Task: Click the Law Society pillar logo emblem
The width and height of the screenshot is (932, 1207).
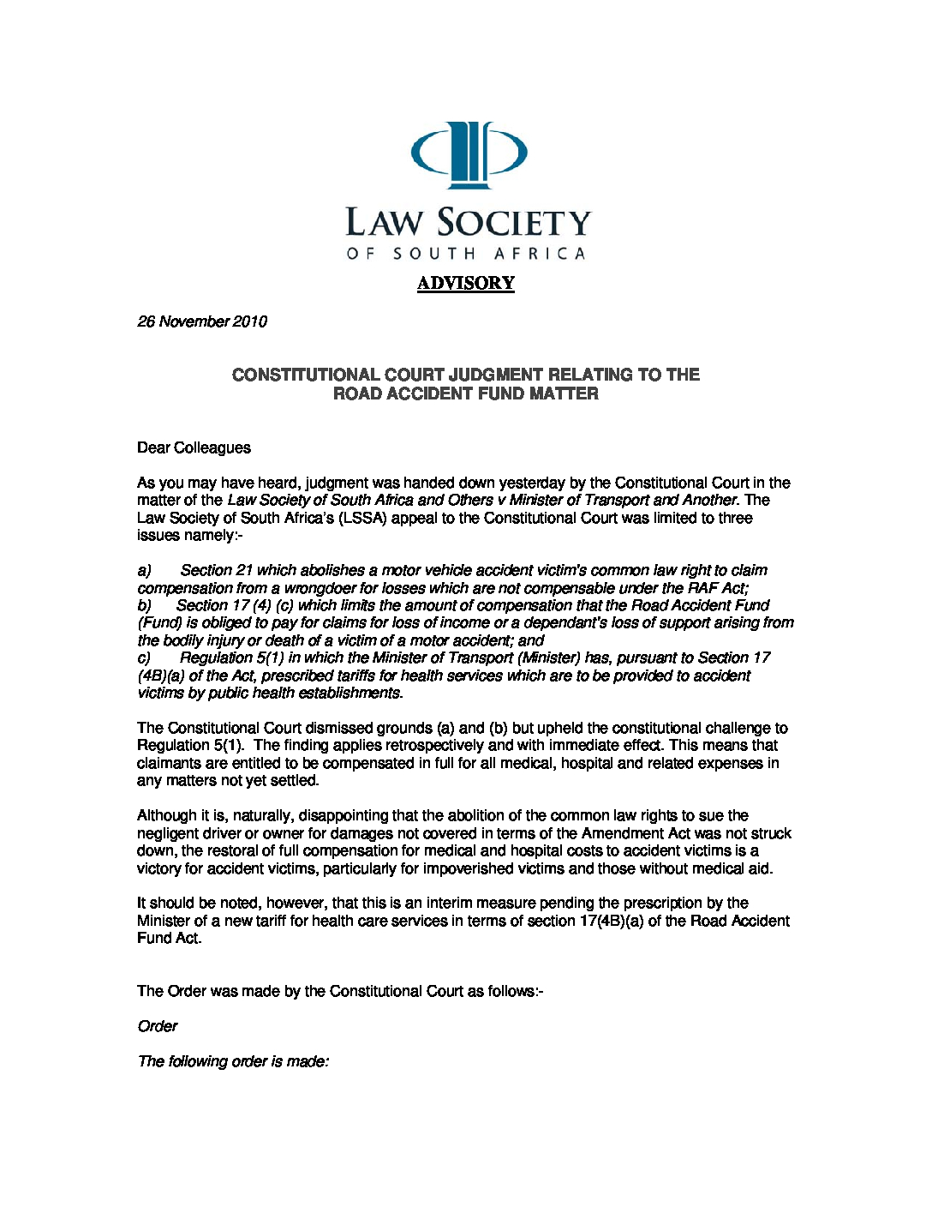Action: coord(469,154)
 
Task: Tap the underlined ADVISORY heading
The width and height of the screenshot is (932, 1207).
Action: coord(466,283)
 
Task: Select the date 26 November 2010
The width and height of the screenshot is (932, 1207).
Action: coord(202,321)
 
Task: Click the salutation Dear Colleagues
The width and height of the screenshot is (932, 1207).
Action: coord(194,447)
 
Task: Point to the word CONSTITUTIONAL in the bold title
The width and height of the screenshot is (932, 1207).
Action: coord(305,375)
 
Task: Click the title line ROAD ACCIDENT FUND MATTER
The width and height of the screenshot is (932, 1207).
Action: coord(466,393)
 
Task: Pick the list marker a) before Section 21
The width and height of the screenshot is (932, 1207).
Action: coord(144,570)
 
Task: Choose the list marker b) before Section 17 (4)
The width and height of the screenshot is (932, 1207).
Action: coord(144,605)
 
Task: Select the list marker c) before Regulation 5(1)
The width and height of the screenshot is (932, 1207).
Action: coord(144,658)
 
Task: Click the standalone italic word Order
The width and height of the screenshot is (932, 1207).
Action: coord(158,1026)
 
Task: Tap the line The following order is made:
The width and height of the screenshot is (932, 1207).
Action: coord(233,1061)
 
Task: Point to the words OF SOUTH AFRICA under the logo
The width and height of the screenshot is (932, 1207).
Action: coord(466,254)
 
